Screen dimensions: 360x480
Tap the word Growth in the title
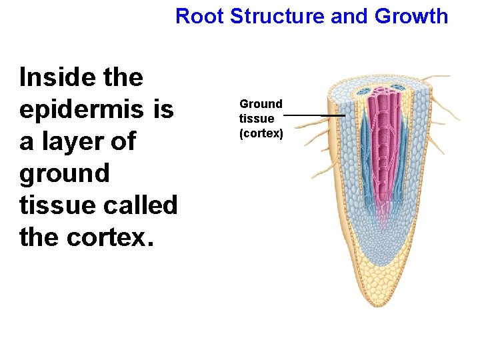click(411, 15)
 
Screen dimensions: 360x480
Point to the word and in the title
click(349, 15)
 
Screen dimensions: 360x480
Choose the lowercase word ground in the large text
click(65, 173)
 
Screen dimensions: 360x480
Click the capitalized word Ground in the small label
click(261, 104)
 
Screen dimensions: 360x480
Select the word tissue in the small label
click(257, 119)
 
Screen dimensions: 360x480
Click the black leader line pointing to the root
click(313, 115)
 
